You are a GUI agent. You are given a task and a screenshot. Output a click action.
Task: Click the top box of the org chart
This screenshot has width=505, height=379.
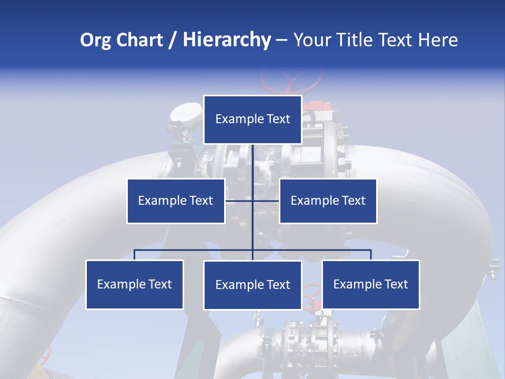point(252,119)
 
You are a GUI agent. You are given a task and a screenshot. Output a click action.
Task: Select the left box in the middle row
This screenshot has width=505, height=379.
point(176,201)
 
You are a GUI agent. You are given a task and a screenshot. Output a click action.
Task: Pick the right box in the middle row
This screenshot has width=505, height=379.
point(328,201)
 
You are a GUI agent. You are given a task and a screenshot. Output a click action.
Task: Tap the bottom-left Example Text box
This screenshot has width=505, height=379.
point(135,284)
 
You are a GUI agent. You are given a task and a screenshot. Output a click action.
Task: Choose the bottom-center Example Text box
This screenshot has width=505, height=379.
point(252,285)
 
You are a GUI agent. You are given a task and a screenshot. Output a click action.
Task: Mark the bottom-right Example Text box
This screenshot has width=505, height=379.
point(370,284)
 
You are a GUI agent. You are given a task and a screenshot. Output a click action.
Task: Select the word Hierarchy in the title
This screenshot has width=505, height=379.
point(227,40)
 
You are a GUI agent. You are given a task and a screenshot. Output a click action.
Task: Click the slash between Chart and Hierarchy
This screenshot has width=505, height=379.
point(173,40)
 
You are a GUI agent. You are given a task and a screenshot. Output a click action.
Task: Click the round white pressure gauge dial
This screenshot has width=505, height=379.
point(186,112)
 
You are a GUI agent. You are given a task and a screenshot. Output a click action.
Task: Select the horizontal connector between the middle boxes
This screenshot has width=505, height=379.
point(252,201)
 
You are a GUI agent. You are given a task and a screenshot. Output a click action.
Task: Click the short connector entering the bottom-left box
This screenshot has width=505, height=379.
point(135,255)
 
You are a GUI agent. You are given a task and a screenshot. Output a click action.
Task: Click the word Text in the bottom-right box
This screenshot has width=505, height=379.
point(396,284)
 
